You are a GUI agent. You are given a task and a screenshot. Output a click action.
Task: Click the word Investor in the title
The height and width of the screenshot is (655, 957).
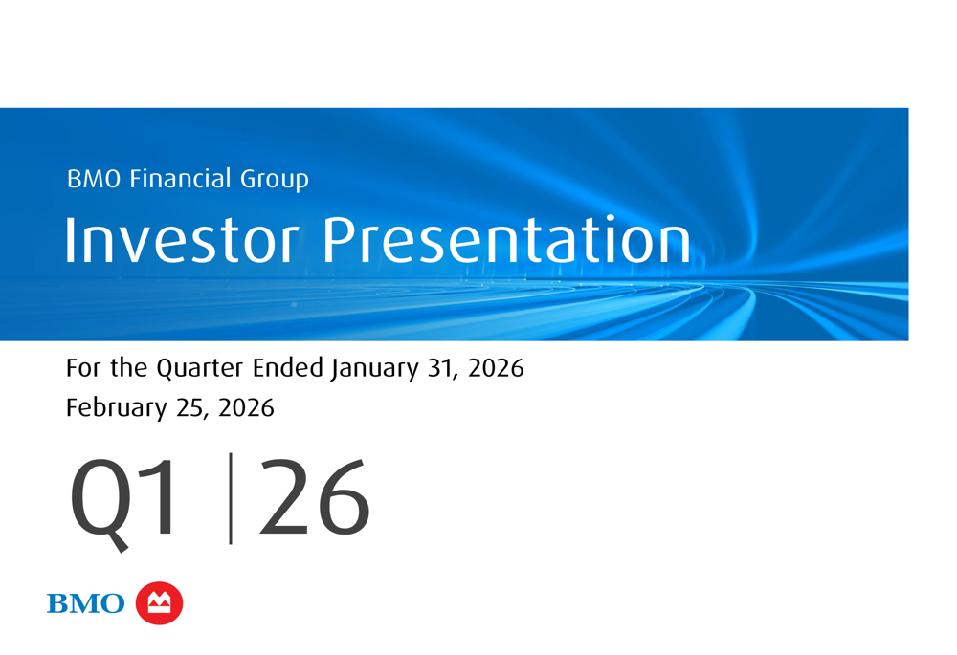(x=182, y=240)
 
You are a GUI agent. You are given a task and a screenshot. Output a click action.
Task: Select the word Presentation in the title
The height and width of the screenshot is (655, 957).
(x=506, y=240)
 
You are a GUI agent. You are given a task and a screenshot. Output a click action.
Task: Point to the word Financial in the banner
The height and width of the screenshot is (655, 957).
(x=180, y=178)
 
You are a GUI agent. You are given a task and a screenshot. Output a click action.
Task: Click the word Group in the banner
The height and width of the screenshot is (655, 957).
(x=275, y=180)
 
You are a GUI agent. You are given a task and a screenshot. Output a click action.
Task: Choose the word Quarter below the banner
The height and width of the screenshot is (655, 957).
(x=200, y=368)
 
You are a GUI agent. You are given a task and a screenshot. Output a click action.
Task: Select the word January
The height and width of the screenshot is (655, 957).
(x=375, y=369)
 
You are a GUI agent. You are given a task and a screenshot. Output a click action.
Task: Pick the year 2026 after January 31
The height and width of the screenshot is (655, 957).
(x=496, y=368)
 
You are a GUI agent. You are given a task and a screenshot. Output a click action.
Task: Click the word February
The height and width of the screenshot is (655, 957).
(x=116, y=408)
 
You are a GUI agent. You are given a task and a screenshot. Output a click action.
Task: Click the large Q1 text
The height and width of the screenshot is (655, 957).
(x=123, y=501)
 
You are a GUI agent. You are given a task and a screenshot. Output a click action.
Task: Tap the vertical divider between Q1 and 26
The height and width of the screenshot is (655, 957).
(x=230, y=498)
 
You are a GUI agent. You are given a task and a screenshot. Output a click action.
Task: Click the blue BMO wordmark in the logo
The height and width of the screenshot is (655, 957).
(x=85, y=603)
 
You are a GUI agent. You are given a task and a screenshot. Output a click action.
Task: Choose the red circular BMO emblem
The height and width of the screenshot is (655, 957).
(x=159, y=603)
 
